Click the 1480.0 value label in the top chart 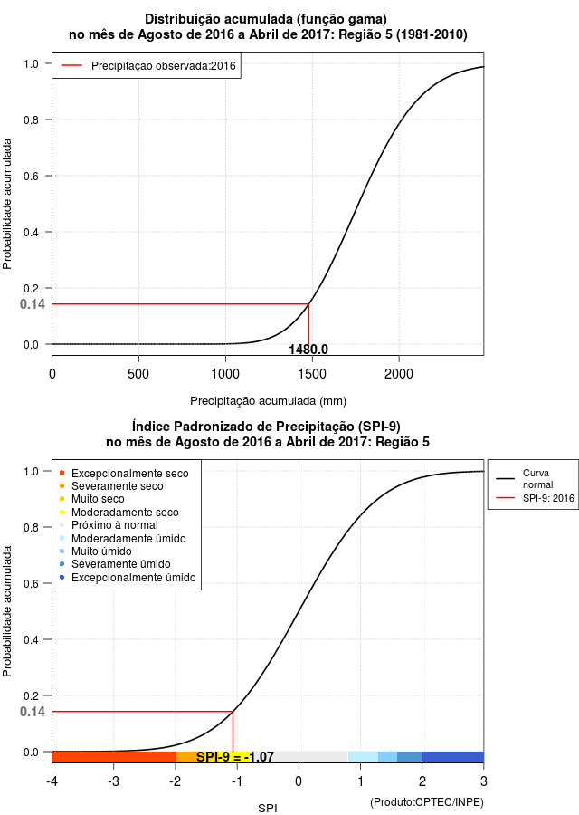coord(308,350)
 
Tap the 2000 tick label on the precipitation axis coord(399,374)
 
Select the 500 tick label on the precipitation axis coord(138,374)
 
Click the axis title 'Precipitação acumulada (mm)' coord(268,401)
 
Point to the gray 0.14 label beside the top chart coord(33,304)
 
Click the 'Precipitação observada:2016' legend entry coord(148,66)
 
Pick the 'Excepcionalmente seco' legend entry coord(125,474)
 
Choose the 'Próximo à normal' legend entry coord(109,525)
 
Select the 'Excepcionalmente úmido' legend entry coord(128,578)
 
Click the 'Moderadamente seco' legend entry coord(119,512)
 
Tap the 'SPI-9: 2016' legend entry coord(536,498)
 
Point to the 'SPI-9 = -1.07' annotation coord(234,757)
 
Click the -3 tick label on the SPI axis coord(114,781)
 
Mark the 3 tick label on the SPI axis coord(483,781)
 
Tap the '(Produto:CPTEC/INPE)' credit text coord(427,802)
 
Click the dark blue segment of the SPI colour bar coord(452,757)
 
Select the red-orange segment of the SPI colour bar coord(114,757)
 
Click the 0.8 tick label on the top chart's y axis coord(31,120)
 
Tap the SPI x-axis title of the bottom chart coord(268,809)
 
